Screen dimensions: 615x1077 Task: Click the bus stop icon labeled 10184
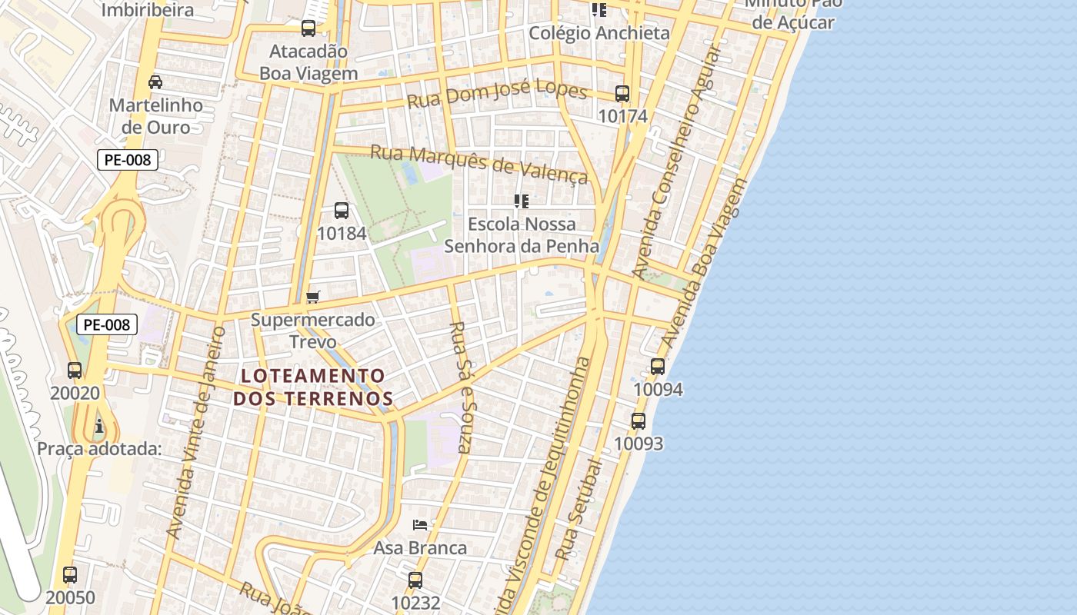(x=342, y=210)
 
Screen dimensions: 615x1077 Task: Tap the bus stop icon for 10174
(x=622, y=94)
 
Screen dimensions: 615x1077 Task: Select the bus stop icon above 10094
(x=658, y=367)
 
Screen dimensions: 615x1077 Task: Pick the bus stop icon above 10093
(x=639, y=421)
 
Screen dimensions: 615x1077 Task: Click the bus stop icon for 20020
(x=75, y=371)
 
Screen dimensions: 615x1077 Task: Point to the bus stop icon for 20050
(x=70, y=575)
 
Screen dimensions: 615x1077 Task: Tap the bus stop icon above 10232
(x=415, y=580)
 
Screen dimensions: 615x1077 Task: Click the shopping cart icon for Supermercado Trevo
(x=312, y=297)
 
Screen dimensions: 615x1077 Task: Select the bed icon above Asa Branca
(x=420, y=525)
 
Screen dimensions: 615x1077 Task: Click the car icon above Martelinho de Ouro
(x=155, y=82)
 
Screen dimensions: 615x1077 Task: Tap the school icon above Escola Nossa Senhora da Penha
(x=522, y=201)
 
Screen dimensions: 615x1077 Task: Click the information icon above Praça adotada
(x=98, y=426)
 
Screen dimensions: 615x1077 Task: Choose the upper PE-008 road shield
(x=128, y=160)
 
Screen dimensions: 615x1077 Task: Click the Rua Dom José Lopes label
(x=497, y=96)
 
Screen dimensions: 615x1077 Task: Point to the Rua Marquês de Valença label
(x=478, y=164)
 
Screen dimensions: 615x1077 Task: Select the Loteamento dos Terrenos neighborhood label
(x=313, y=387)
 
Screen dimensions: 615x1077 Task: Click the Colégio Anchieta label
(x=599, y=33)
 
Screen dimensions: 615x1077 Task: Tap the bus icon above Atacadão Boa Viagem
(x=308, y=28)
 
